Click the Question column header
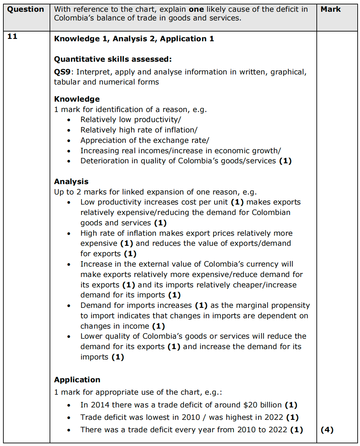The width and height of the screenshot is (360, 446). point(25,9)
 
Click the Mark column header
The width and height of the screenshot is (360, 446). point(331,9)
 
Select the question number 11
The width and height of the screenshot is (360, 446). point(12,37)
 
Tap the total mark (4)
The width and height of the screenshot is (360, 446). point(327,430)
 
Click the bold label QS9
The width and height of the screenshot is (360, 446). point(62,72)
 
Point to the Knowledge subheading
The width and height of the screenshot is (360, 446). point(77,99)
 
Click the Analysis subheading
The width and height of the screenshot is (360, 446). point(71,182)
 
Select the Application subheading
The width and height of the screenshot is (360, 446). point(77,380)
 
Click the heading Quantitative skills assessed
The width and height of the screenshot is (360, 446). point(113,59)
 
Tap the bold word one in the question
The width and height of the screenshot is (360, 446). point(196,9)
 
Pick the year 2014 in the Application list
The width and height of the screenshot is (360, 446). point(100,405)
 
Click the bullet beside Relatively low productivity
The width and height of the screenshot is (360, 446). point(69,120)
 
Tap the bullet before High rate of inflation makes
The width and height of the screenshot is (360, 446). point(69,233)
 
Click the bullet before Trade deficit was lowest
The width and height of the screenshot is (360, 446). point(69,418)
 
